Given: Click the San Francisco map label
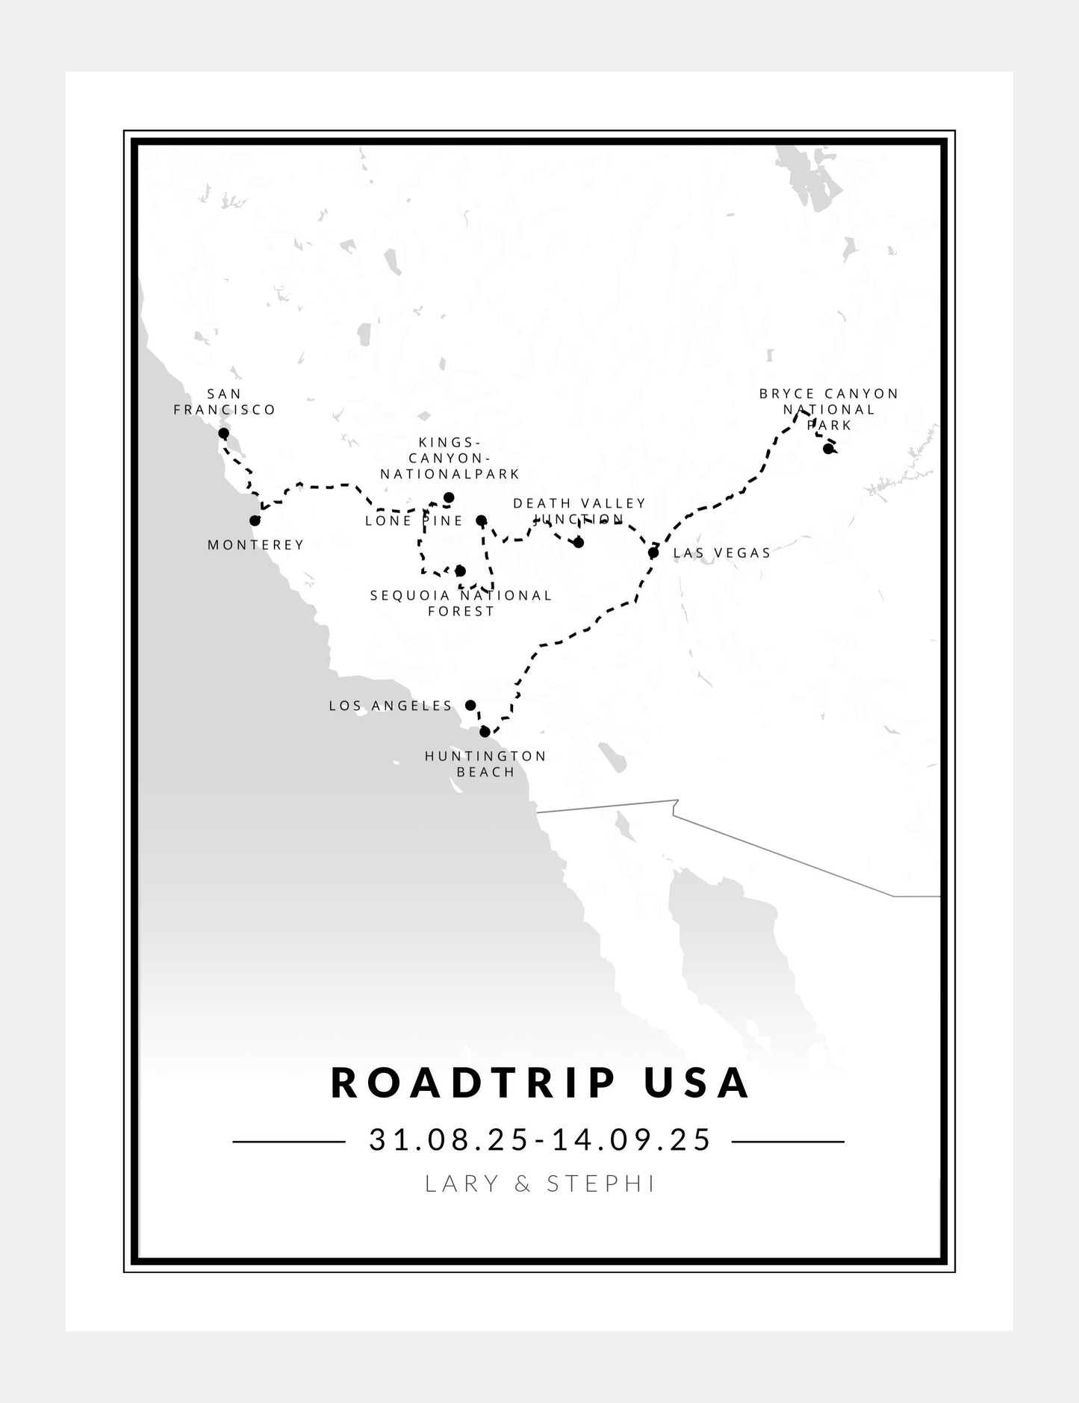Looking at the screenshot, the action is tap(225, 402).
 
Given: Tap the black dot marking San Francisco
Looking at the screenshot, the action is tap(223, 433).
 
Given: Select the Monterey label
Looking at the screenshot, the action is tap(255, 545).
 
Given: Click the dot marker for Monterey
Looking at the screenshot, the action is tap(255, 520).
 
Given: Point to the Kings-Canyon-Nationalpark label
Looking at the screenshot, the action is tap(450, 458).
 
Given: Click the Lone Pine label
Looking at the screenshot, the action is tap(414, 521).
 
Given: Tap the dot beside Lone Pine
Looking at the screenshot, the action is tap(481, 520).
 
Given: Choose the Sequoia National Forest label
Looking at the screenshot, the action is tap(461, 603).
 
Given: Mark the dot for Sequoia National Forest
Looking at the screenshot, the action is tap(460, 571).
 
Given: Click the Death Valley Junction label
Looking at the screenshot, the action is tap(579, 511).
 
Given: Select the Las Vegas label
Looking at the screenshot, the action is tap(721, 553).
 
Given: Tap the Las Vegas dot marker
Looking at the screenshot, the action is tap(653, 553).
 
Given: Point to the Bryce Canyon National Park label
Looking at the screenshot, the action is tap(829, 408).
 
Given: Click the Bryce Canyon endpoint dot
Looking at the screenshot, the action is tap(827, 449).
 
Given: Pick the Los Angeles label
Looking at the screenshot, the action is tap(391, 706).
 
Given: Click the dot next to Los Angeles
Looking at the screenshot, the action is tap(470, 705).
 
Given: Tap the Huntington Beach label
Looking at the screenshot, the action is tap(485, 764).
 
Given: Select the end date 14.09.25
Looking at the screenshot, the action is tap(631, 1140).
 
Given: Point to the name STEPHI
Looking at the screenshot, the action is tap(601, 1183).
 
